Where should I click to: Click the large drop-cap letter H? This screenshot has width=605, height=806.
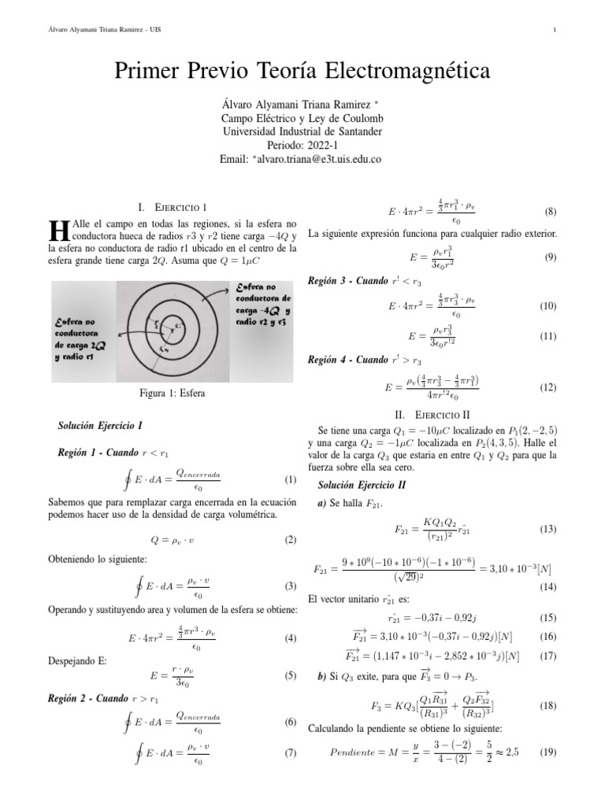pos(58,231)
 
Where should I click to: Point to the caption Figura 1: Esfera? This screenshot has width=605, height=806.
pos(171,394)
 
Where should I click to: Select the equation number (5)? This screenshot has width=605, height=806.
pos(290,675)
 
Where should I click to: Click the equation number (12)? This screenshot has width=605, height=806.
pos(547,387)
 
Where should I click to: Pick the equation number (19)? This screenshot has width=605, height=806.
pos(547,752)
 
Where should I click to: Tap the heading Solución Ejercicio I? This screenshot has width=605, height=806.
pos(100,426)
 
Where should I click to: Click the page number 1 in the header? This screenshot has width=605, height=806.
pos(555,31)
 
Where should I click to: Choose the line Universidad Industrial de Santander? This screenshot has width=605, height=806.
pos(302,131)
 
